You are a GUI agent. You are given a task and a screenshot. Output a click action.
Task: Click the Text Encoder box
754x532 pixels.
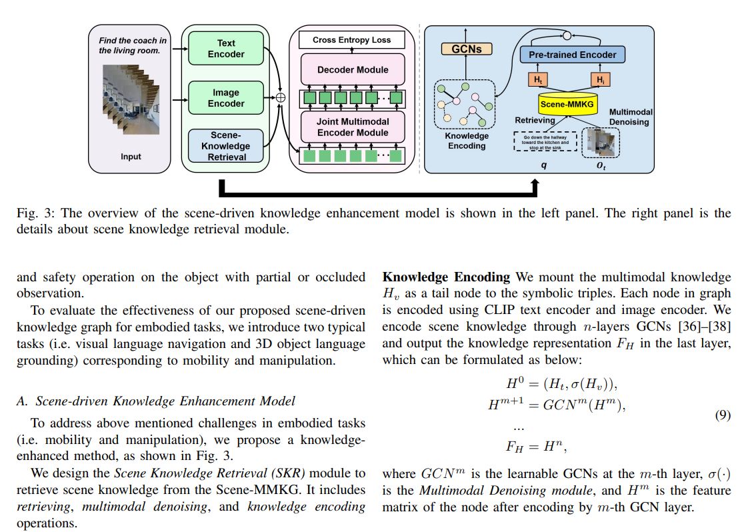coord(226,49)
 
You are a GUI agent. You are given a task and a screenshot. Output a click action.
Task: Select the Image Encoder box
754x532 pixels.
coord(226,98)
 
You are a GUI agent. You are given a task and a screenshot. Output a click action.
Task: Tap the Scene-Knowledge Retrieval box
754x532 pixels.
coord(226,146)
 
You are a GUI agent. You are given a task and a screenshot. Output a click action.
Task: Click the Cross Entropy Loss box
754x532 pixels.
coord(352,41)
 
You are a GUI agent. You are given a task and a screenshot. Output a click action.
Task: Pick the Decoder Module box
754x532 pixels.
coord(352,69)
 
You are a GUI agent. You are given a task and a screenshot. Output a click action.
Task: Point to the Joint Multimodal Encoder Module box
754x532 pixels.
coord(352,127)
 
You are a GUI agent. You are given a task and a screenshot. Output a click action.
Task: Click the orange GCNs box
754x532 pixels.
coord(467,49)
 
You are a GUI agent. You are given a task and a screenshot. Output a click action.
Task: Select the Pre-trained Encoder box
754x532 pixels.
coord(573,55)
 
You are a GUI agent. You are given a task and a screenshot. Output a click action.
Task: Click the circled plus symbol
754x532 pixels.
coord(280,97)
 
